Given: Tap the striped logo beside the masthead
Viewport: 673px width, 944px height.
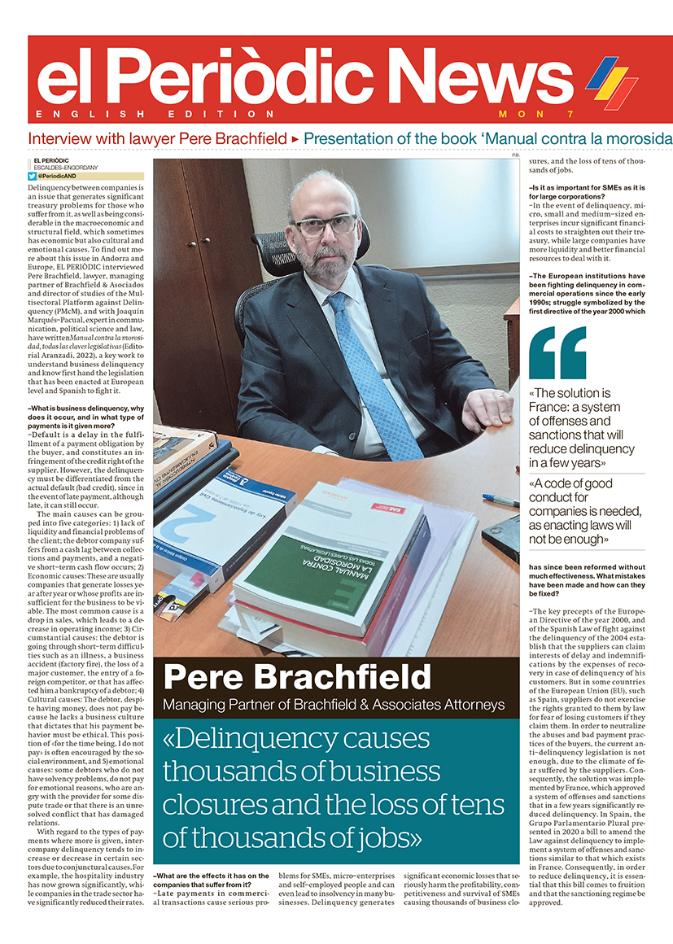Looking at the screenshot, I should (612, 81).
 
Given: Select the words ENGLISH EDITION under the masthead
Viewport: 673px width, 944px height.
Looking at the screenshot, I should (155, 114).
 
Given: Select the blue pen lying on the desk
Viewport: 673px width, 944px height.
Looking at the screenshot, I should (500, 500).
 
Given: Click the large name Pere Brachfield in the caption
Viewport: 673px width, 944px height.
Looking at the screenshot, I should (296, 677).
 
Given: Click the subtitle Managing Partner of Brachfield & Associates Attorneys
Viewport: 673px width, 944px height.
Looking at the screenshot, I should (334, 705).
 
